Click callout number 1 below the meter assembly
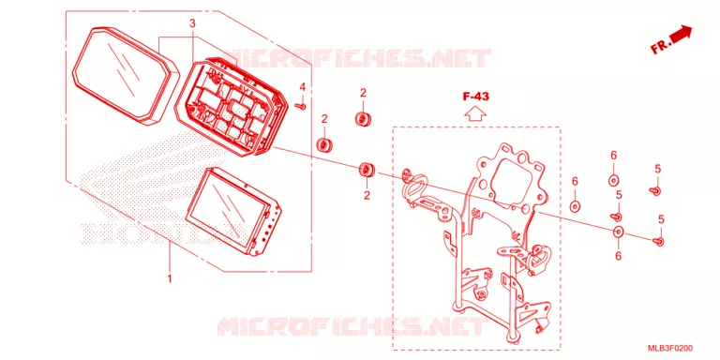(x=170, y=278)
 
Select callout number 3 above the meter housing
(x=193, y=22)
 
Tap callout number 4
(x=303, y=87)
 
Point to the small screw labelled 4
(x=302, y=107)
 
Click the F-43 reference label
(x=475, y=97)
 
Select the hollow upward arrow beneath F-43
(x=475, y=112)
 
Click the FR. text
(x=661, y=46)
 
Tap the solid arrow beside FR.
(x=681, y=34)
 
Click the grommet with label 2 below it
(x=367, y=170)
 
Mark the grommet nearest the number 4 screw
(x=324, y=144)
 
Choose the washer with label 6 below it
(x=618, y=232)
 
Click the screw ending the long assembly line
(x=658, y=241)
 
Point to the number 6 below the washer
(x=618, y=256)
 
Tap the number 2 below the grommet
(x=367, y=196)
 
